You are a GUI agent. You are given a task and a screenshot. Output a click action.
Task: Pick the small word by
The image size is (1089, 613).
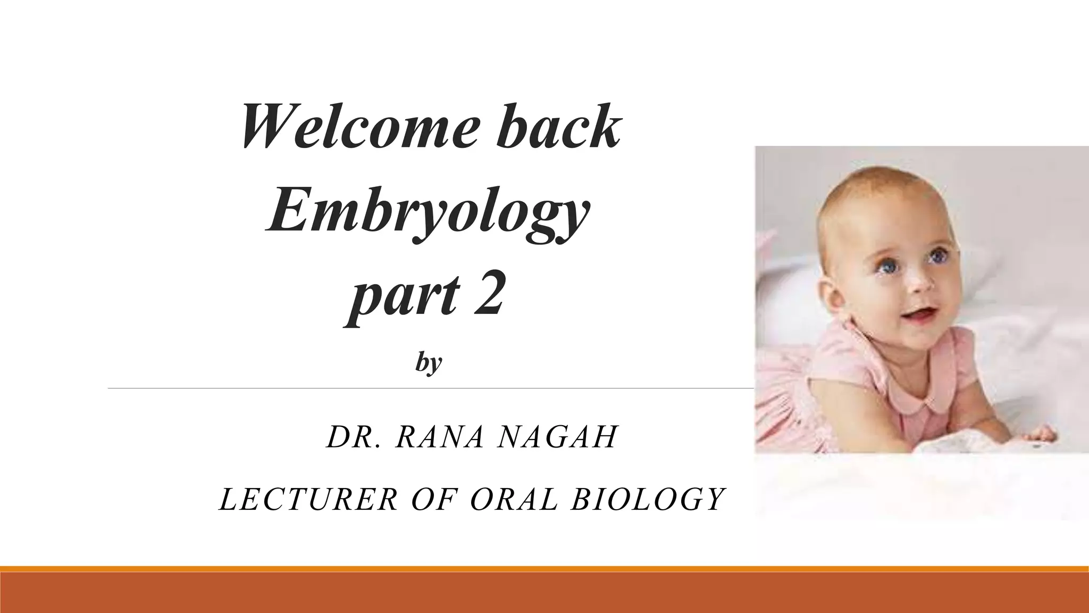tap(429, 364)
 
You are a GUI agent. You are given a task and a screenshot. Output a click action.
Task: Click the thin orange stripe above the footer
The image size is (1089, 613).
tap(544, 569)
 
